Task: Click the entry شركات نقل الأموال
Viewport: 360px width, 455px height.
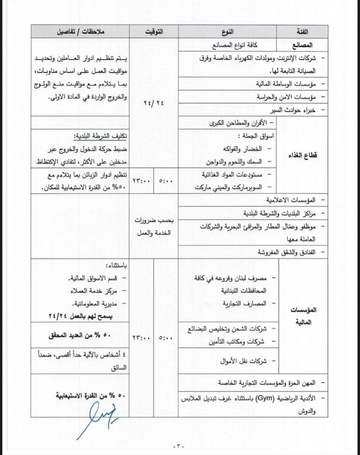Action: pyautogui.click(x=242, y=361)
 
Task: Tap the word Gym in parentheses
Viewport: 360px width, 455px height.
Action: pyautogui.click(x=263, y=398)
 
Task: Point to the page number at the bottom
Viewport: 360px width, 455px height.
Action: pyautogui.click(x=180, y=446)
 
